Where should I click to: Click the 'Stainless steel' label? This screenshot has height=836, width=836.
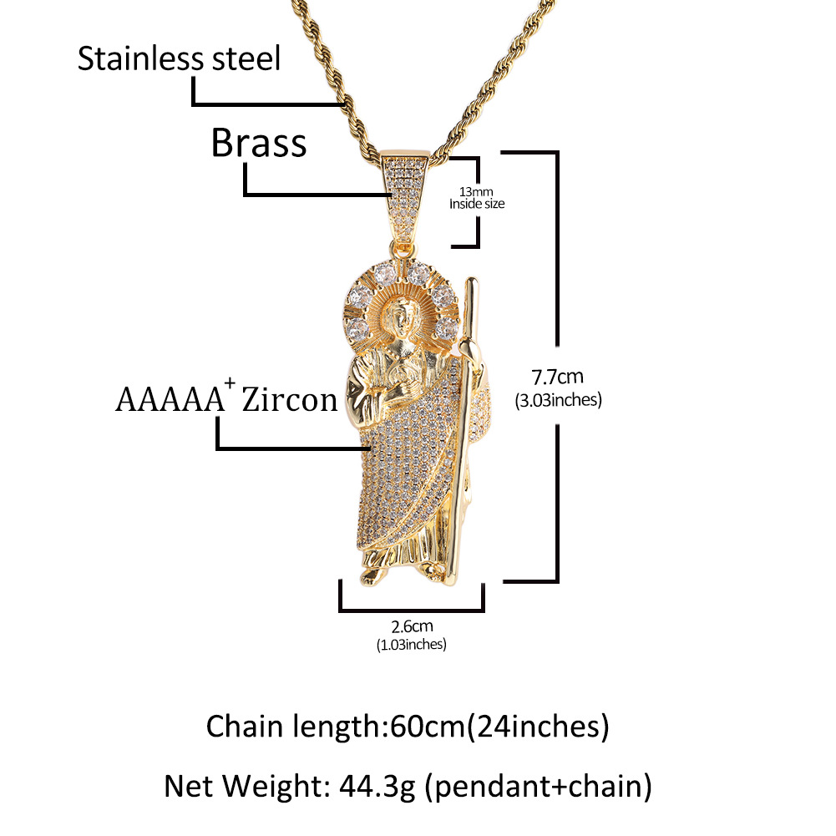179,59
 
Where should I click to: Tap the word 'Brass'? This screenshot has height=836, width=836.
258,144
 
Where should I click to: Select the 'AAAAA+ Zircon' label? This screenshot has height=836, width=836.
226,400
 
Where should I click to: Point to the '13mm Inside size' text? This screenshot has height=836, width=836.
477,197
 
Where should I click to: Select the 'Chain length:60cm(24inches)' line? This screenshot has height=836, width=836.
408,727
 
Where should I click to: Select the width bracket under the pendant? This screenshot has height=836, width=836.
412,608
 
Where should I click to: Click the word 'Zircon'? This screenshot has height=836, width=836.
289,402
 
